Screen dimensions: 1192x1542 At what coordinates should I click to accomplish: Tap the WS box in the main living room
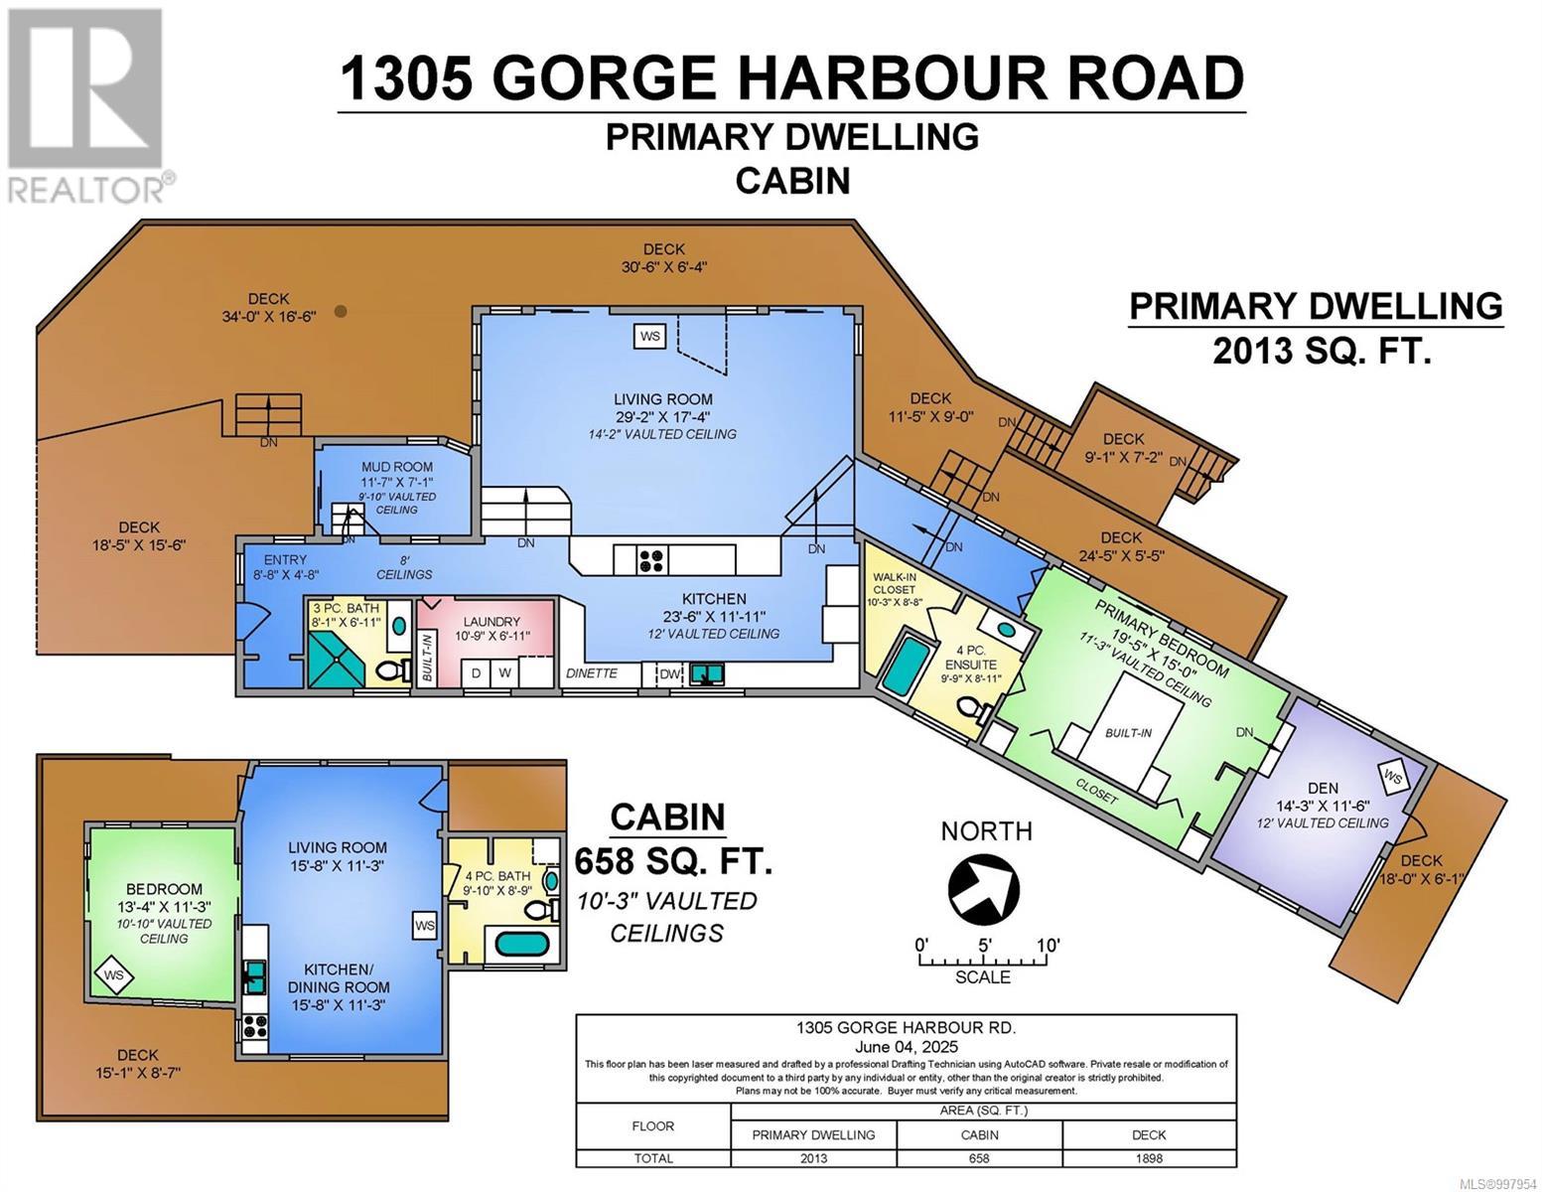point(650,336)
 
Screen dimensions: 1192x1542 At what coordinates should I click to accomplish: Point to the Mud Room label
point(396,467)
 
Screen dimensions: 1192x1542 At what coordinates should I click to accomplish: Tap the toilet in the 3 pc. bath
point(397,672)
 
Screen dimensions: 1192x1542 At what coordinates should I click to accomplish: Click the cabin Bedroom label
point(164,889)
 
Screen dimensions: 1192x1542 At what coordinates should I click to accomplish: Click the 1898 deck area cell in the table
point(1149,1158)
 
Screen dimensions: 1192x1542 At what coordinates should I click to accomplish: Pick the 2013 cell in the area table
point(813,1158)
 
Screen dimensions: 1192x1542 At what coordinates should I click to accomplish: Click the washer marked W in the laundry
point(504,673)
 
